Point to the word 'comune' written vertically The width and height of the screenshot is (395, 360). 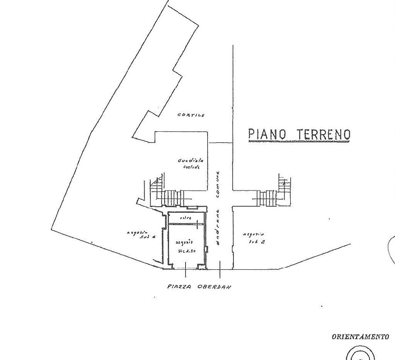pos(218,185)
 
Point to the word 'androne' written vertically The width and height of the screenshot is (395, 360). pos(218,228)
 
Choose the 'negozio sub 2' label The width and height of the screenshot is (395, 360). pos(254,238)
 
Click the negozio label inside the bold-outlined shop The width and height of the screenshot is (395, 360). pos(185,246)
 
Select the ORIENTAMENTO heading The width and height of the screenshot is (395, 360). pos(360,337)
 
